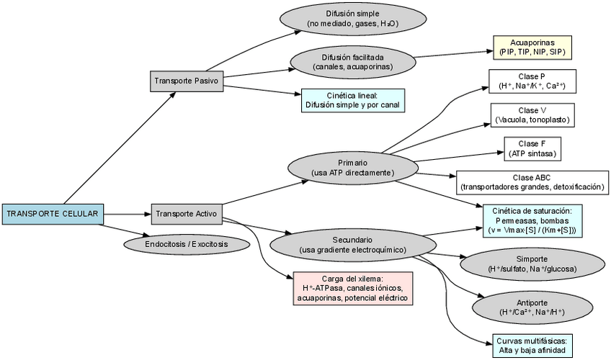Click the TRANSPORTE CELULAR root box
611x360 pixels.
[x=52, y=213]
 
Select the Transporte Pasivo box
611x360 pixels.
[x=187, y=81]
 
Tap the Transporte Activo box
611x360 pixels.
[x=185, y=213]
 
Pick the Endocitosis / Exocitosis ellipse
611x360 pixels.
[x=186, y=244]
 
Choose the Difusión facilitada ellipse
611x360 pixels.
[x=352, y=62]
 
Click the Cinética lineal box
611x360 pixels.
[x=352, y=100]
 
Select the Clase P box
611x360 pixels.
[x=532, y=81]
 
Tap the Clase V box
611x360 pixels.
[x=532, y=114]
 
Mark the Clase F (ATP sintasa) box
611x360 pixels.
[x=532, y=148]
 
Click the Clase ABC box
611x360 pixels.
[x=532, y=182]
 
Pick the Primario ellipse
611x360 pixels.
[x=352, y=168]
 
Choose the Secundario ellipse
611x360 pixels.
[x=352, y=244]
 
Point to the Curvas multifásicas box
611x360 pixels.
[x=532, y=346]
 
